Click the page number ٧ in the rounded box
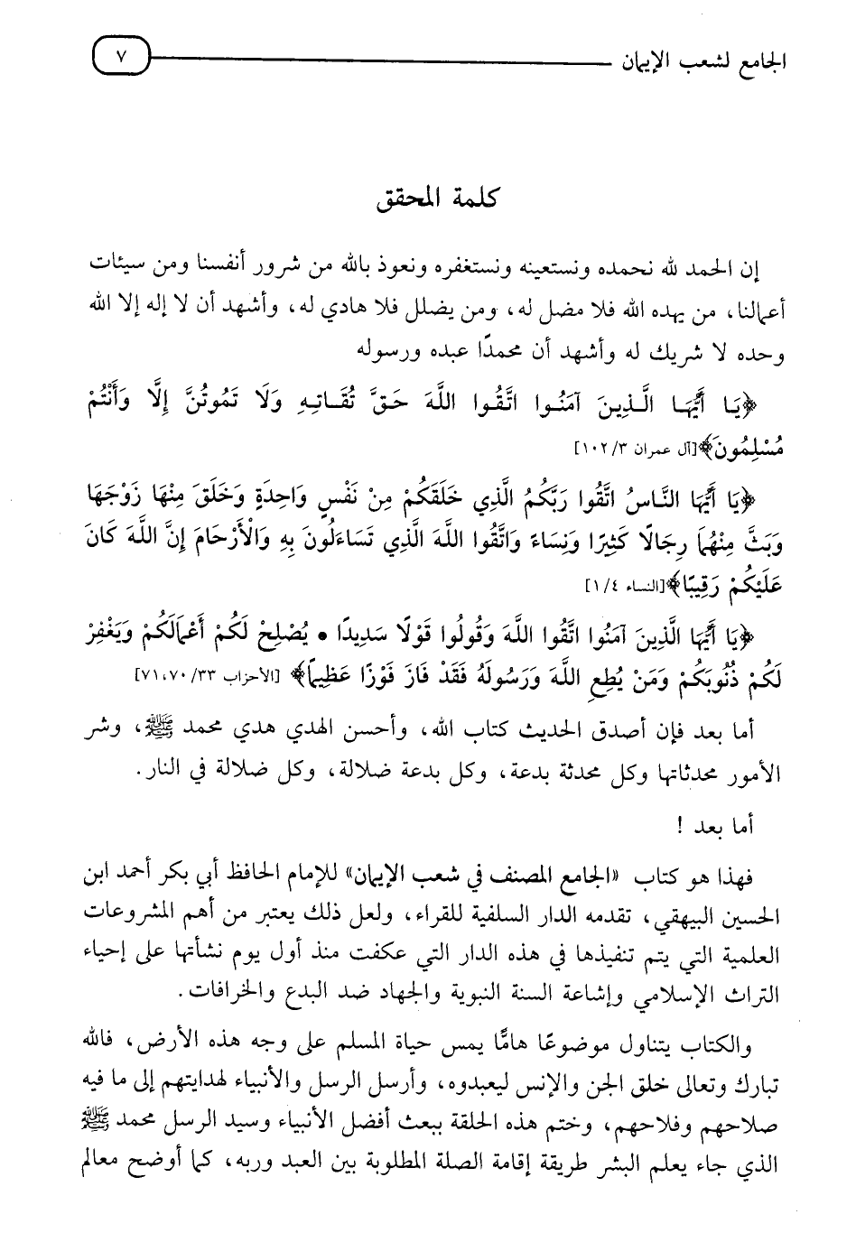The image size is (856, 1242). [123, 61]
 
